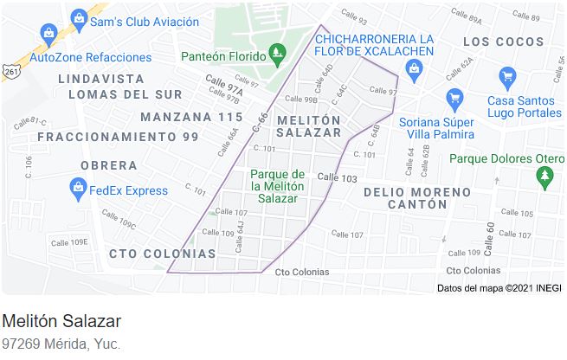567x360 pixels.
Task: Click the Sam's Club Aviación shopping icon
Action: coord(79,17)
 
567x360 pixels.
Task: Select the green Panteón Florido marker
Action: coord(277,55)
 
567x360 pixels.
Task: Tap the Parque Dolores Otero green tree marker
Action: coord(544,177)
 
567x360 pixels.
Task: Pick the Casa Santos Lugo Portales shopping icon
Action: coord(452,97)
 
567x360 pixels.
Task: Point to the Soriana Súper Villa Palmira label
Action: coord(437,127)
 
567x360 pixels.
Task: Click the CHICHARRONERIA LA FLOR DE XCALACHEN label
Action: coord(375,45)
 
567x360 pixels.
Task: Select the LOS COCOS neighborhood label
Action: coord(505,42)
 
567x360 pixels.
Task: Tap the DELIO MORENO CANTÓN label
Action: coord(405,197)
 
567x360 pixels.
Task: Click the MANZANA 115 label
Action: coord(191,117)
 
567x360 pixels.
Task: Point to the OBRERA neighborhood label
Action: coord(108,164)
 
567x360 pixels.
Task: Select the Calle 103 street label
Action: coord(337,177)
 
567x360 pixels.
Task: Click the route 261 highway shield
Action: coord(10,72)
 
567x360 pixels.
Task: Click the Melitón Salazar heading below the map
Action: coord(61,321)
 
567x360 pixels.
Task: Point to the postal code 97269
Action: coord(21,344)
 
